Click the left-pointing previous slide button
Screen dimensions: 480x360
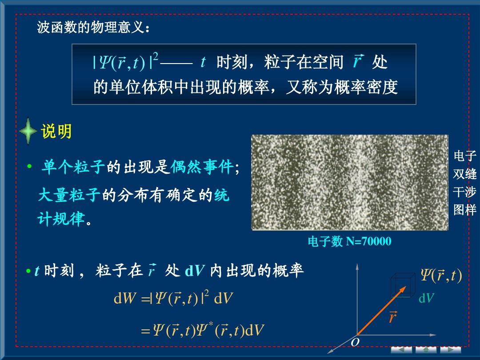pyautogui.click(x=401, y=350)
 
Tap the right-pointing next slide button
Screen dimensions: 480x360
pyautogui.click(x=451, y=350)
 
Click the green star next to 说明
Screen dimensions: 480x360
pyautogui.click(x=28, y=131)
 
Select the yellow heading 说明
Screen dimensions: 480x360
pyautogui.click(x=56, y=131)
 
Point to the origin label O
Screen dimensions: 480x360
pyautogui.click(x=355, y=342)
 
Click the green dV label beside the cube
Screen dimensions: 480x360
pyautogui.click(x=426, y=298)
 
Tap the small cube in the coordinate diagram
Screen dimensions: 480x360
pyautogui.click(x=403, y=285)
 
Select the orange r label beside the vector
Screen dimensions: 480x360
pyautogui.click(x=392, y=317)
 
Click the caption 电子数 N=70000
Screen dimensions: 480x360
pyautogui.click(x=349, y=241)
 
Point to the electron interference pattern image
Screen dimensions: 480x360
pyautogui.click(x=350, y=182)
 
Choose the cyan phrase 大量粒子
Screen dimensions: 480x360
pyautogui.click(x=69, y=194)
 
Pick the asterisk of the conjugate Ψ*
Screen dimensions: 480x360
pyautogui.click(x=211, y=324)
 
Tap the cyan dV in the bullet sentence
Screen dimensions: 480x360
pyautogui.click(x=195, y=270)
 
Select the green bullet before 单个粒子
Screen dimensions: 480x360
pyautogui.click(x=29, y=167)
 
